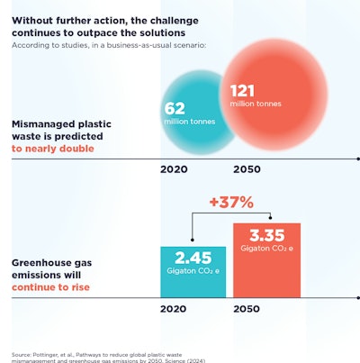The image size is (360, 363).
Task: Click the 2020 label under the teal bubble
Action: [x=175, y=168]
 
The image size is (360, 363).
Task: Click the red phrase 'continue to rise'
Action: [x=49, y=289]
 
